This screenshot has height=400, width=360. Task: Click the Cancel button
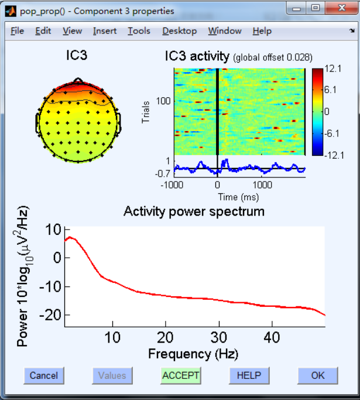pos(44,375)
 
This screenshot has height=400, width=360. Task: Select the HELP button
pos(249,375)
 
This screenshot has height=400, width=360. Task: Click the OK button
pos(318,375)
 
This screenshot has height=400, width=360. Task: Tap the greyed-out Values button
pos(112,375)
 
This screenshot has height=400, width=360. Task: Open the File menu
pos(17,31)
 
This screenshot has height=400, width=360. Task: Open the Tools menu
pos(139,31)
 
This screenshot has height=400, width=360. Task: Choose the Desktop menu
pos(180,31)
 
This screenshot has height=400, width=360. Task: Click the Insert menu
pos(105,31)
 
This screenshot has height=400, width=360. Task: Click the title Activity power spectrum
pos(194,211)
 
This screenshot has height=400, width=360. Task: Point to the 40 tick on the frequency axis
pos(272,338)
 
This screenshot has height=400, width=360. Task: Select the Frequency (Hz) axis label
pos(193,354)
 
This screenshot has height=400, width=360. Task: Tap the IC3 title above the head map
pos(78,56)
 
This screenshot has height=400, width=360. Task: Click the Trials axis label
pos(146,112)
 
